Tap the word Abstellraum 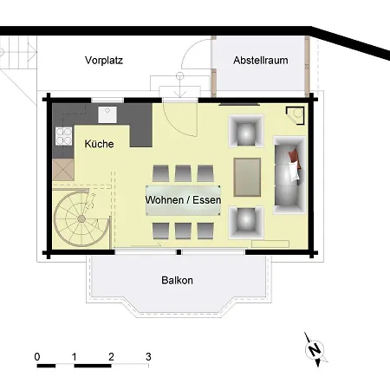tap(261, 60)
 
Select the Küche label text tap(100, 144)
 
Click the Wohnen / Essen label tap(183, 200)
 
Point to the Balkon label tap(177, 281)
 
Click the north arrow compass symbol tap(315, 348)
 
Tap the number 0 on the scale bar tap(37, 355)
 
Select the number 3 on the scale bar tap(149, 355)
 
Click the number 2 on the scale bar tap(112, 355)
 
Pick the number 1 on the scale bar tap(75, 355)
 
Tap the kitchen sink tap(108, 114)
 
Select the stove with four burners tap(62, 134)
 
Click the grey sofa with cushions tap(289, 173)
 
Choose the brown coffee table tap(248, 176)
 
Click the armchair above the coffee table tap(244, 131)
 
